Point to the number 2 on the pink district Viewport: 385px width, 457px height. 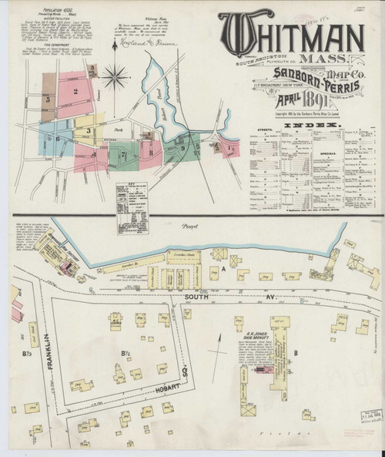click(75, 92)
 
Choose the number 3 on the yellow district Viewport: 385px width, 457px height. click(89, 130)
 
